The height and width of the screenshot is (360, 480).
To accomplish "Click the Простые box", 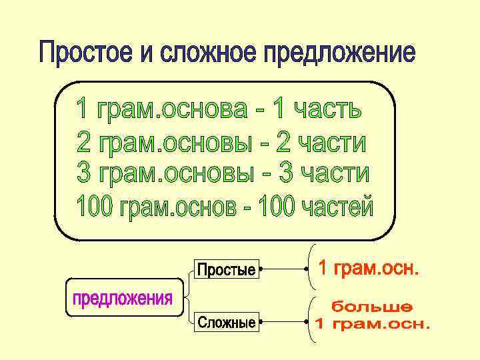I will [226, 269].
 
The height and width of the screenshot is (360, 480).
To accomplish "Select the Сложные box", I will [226, 323].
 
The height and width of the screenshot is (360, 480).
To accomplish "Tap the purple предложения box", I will [122, 297].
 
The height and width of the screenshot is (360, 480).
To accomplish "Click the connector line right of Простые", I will [283, 269].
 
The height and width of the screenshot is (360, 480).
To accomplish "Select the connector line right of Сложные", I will [283, 323].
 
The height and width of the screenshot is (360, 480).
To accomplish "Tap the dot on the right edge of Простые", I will [260, 269].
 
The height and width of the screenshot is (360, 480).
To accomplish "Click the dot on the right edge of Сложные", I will [260, 323].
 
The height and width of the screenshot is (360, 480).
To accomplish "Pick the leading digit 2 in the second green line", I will [84, 143].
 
